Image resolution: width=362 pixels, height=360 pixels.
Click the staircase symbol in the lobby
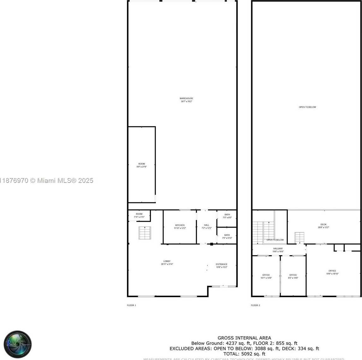click(145, 233)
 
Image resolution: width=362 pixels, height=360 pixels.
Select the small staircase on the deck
click(300, 238)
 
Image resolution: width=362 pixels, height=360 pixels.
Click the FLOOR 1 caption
click(131, 305)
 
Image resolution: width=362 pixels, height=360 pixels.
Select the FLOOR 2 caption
click(255, 305)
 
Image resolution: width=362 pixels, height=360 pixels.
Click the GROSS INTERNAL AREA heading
click(244, 338)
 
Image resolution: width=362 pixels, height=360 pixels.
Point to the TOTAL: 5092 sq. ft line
click(244, 354)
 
